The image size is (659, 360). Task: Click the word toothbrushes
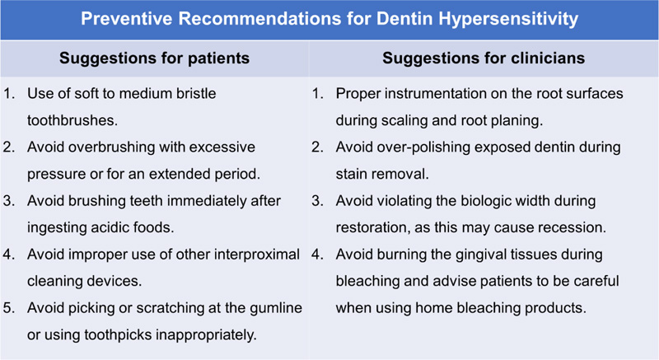(x=72, y=120)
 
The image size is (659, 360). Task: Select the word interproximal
(x=257, y=255)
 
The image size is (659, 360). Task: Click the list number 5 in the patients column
(x=8, y=308)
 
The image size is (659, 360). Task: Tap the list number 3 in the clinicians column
(x=317, y=201)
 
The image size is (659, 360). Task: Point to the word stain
(x=352, y=175)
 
